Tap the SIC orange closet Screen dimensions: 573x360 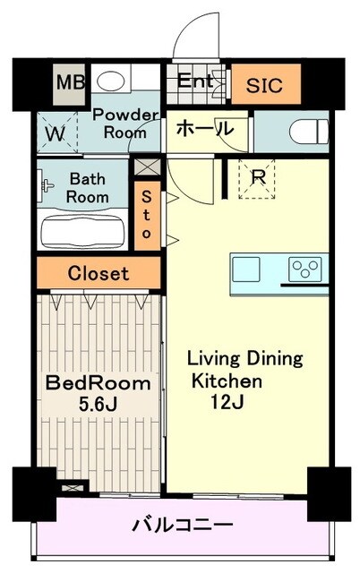[x=264, y=87]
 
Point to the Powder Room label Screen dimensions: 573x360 [x=125, y=123]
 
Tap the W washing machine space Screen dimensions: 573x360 [x=55, y=135]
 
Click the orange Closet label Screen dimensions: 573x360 [x=99, y=274]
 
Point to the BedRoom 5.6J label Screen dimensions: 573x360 [x=99, y=392]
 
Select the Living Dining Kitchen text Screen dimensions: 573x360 [x=244, y=369]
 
